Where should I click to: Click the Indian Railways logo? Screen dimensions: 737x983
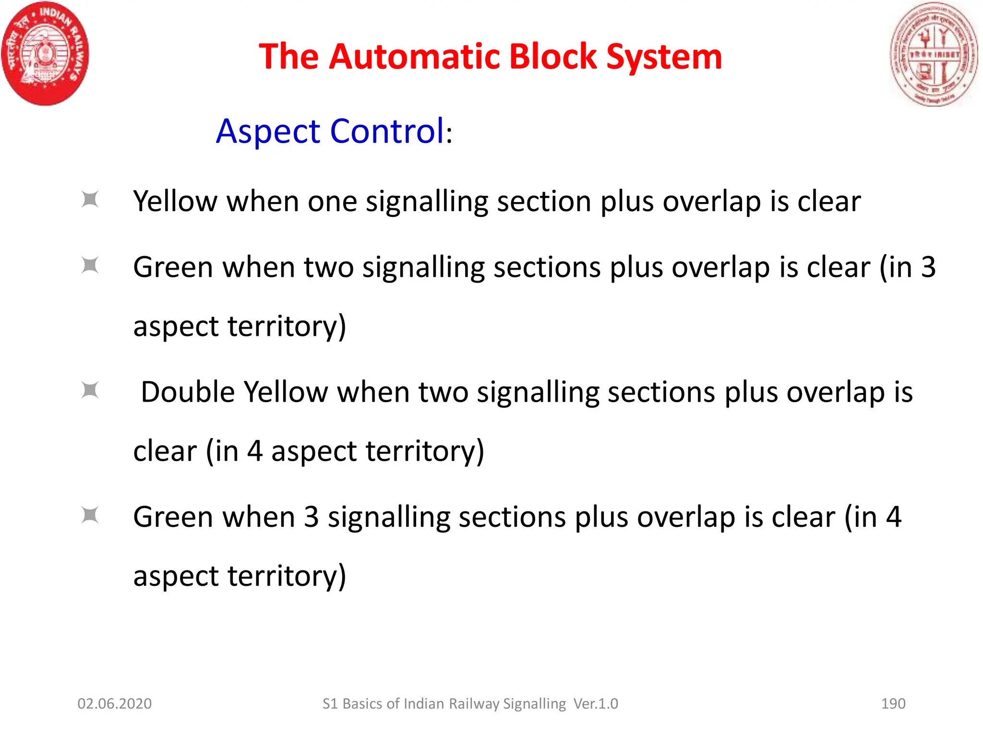coord(45,53)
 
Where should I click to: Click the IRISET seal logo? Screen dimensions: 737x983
coord(934,54)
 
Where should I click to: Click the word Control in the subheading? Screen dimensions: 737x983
coord(387,131)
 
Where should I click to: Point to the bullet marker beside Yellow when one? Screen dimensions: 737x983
coord(90,200)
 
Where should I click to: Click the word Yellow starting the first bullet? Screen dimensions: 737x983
coord(175,202)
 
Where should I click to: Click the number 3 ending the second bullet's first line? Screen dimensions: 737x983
coord(928,267)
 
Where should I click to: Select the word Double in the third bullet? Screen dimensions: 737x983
coord(188,392)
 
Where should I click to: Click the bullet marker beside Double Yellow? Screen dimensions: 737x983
coord(90,390)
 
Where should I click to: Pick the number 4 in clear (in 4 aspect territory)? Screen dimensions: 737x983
coord(254,451)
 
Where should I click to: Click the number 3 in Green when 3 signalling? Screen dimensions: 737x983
coord(311,517)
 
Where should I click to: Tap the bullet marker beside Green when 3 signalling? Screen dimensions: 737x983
coord(90,515)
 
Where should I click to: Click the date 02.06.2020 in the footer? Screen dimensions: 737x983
coord(114,704)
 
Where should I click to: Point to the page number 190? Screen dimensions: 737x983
coord(893,704)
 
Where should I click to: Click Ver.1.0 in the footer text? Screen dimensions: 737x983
coord(596,704)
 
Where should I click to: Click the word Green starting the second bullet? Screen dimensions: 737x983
coord(173,267)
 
